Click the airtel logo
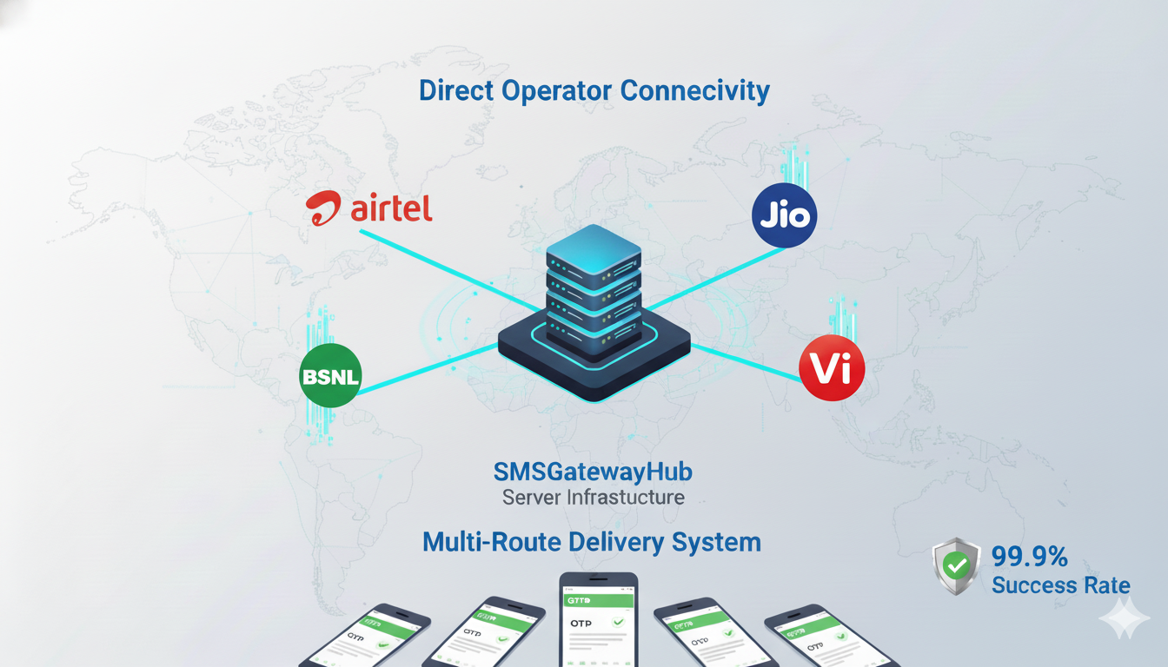(369, 208)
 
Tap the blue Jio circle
(784, 215)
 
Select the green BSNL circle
(330, 376)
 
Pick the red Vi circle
(832, 368)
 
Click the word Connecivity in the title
(694, 90)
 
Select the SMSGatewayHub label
(593, 472)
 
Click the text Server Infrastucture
(593, 498)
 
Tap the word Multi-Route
(492, 543)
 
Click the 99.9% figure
(1029, 556)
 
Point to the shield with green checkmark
(956, 566)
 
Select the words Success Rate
(1060, 585)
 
